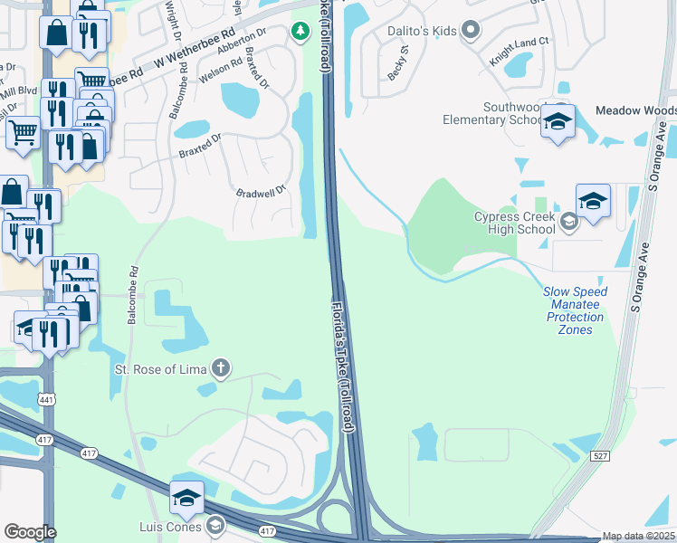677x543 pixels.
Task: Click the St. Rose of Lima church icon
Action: [x=220, y=368]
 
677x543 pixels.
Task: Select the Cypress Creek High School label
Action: [x=514, y=223]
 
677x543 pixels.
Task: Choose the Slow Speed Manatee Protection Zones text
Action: [x=575, y=310]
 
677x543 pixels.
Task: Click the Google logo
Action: [x=29, y=532]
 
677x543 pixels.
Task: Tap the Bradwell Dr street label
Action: [x=261, y=192]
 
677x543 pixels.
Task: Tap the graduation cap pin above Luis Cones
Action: [x=186, y=497]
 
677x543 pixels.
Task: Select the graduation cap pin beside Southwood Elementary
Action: [x=558, y=121]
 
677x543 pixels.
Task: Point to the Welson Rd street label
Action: [x=221, y=71]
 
